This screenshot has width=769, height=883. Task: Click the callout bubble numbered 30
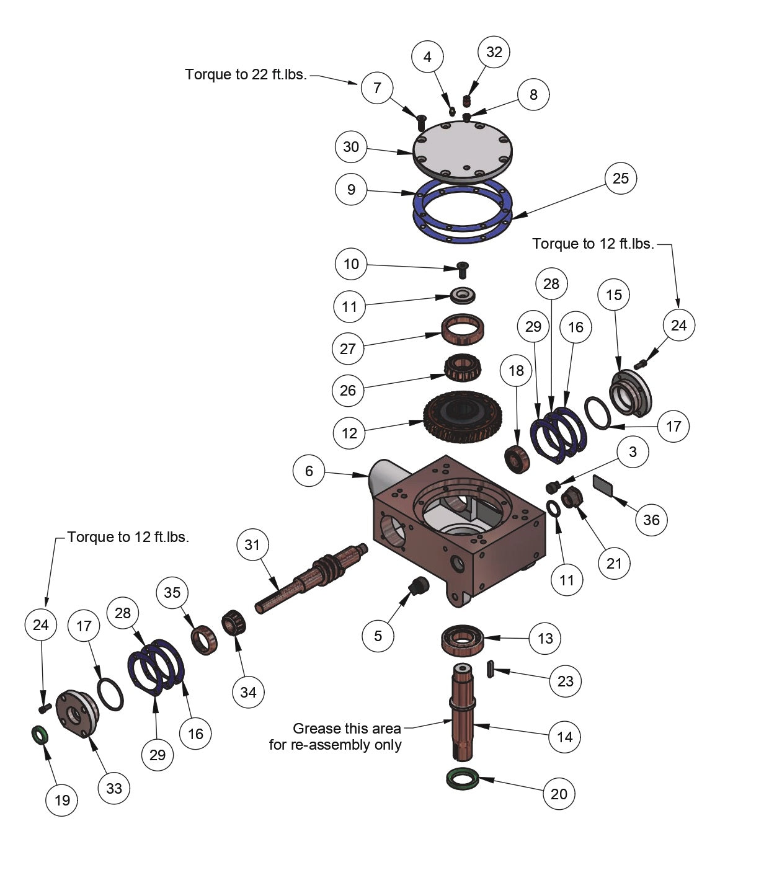point(351,147)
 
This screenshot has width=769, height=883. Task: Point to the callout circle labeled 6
point(309,471)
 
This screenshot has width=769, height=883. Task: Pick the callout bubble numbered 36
point(651,520)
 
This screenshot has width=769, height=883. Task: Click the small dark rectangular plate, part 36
point(603,484)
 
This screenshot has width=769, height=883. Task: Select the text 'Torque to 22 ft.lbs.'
point(246,75)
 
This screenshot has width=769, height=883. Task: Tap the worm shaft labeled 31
point(310,576)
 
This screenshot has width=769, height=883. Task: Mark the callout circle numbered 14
point(565,737)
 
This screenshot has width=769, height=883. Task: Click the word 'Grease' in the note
point(318,728)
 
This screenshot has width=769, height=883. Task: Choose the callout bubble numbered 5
point(378,636)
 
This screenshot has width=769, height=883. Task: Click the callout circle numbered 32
point(494,51)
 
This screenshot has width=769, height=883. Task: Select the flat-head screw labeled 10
point(462,268)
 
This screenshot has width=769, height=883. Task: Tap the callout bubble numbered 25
point(621,179)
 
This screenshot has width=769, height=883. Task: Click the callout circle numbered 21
point(614,563)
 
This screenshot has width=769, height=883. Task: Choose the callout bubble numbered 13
point(545,638)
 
